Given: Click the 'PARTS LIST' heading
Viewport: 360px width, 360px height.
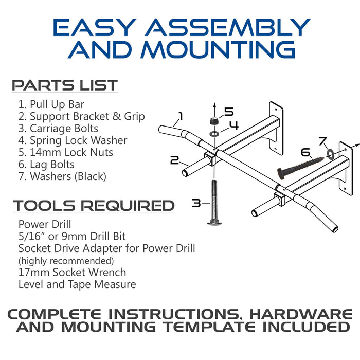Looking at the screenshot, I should click(65, 85).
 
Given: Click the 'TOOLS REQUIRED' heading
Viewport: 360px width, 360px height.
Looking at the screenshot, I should click(94, 206).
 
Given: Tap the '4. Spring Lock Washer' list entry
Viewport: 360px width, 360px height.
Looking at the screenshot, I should click(73, 140).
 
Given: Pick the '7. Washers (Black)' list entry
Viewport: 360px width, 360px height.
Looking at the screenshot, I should click(62, 176).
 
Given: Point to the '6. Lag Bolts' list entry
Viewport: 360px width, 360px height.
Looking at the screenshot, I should click(46, 164).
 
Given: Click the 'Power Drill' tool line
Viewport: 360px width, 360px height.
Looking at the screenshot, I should click(44, 224).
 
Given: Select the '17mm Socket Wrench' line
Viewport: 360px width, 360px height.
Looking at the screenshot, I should click(72, 272).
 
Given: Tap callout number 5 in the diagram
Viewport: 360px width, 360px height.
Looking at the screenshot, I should click(228, 112).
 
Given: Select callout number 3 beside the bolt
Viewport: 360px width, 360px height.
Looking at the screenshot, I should click(196, 203).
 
